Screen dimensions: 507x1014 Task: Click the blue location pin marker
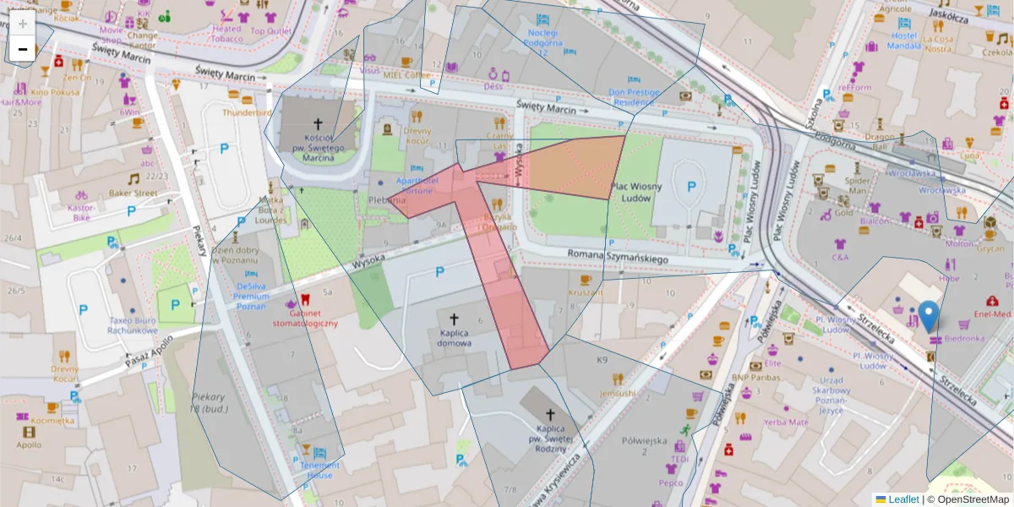coord(929,316)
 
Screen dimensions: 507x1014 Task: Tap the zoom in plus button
coord(23,24)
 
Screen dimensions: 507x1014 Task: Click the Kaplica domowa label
coord(455,339)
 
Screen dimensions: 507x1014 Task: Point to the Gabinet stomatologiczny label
coord(305,318)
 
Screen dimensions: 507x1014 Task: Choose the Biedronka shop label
coord(965,339)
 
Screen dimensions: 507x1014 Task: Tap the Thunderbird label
coord(247,112)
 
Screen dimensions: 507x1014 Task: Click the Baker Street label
coord(133,193)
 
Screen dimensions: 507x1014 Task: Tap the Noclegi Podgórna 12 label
coord(542,37)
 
